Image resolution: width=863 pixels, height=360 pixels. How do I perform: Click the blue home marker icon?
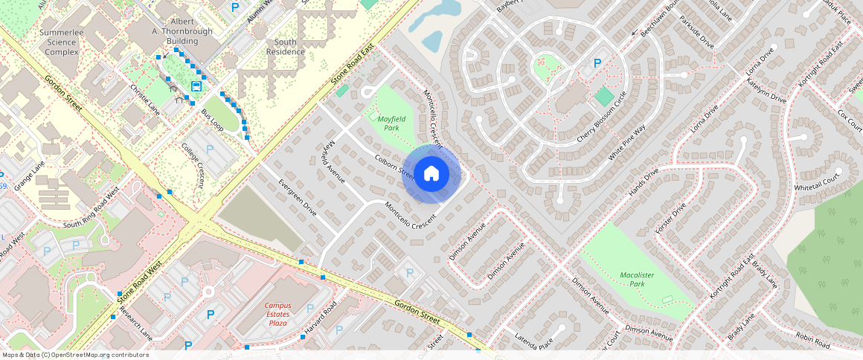pyautogui.click(x=431, y=174)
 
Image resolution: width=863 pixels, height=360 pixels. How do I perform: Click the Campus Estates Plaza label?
pyautogui.click(x=279, y=314)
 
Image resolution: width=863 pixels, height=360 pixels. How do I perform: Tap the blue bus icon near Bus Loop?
pyautogui.click(x=196, y=86)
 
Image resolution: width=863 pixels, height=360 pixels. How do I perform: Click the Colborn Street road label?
pyautogui.click(x=395, y=166)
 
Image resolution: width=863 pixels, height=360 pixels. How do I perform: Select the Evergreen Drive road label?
pyautogui.click(x=298, y=197)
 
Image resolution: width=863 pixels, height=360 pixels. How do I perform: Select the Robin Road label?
pyautogui.click(x=812, y=341)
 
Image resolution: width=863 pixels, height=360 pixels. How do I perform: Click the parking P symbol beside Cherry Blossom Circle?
pyautogui.click(x=596, y=63)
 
